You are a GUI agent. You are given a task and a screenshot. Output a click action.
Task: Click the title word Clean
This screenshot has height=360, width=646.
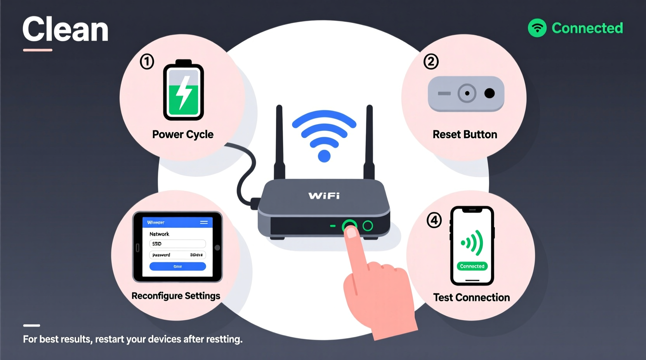pos(65,30)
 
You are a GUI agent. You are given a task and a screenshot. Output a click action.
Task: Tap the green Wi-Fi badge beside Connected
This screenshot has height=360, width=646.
pos(537,28)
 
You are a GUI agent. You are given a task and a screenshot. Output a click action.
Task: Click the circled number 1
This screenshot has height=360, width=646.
pos(147,62)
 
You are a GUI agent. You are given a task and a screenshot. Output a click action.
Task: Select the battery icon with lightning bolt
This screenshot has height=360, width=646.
pos(184,90)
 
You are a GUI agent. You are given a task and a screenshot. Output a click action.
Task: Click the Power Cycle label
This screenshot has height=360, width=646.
pos(183,134)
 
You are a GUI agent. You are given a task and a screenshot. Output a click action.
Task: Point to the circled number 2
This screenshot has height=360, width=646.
pos(431,62)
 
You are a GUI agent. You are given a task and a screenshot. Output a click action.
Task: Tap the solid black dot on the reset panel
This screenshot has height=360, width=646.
pos(490,93)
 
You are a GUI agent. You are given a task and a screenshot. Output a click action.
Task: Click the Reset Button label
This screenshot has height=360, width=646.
pos(465,134)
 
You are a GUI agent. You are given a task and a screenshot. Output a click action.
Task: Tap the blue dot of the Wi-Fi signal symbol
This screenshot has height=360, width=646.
pos(324,156)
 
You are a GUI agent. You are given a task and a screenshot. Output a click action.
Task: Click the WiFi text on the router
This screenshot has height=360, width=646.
pos(324,196)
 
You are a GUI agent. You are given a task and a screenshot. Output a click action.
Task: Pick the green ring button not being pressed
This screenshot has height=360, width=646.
pos(368,226)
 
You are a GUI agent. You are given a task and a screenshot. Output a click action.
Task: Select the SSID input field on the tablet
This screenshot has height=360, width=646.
pos(177,244)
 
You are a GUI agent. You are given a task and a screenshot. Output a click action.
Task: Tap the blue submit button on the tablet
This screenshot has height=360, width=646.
pos(177,267)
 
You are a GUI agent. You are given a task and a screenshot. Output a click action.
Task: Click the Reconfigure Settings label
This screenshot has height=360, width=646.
pos(176,296)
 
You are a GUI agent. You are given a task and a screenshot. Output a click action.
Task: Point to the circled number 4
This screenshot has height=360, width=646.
pos(434,220)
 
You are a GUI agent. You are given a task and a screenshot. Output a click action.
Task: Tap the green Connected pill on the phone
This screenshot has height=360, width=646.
pos(472,266)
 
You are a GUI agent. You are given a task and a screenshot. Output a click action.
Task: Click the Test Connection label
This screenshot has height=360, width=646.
pos(471,298)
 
